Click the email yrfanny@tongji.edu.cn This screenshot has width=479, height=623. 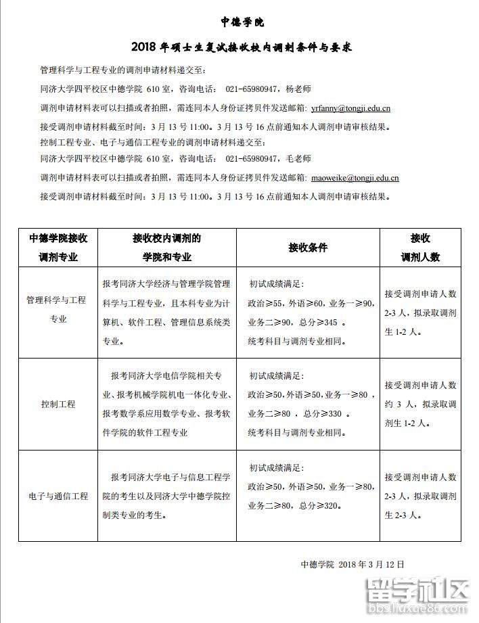tap(350, 108)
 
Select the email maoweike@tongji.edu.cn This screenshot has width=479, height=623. tap(355, 179)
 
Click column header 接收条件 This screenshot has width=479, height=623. tap(308, 248)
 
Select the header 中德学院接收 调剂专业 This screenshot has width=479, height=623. tap(58, 248)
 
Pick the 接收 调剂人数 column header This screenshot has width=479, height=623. tap(420, 248)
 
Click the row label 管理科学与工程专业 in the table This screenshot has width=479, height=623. tap(58, 309)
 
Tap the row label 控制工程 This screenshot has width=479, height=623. tap(58, 405)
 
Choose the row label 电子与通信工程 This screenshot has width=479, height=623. tap(58, 497)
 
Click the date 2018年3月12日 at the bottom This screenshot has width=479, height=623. tap(371, 564)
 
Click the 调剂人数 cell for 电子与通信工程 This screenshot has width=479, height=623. tap(420, 497)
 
